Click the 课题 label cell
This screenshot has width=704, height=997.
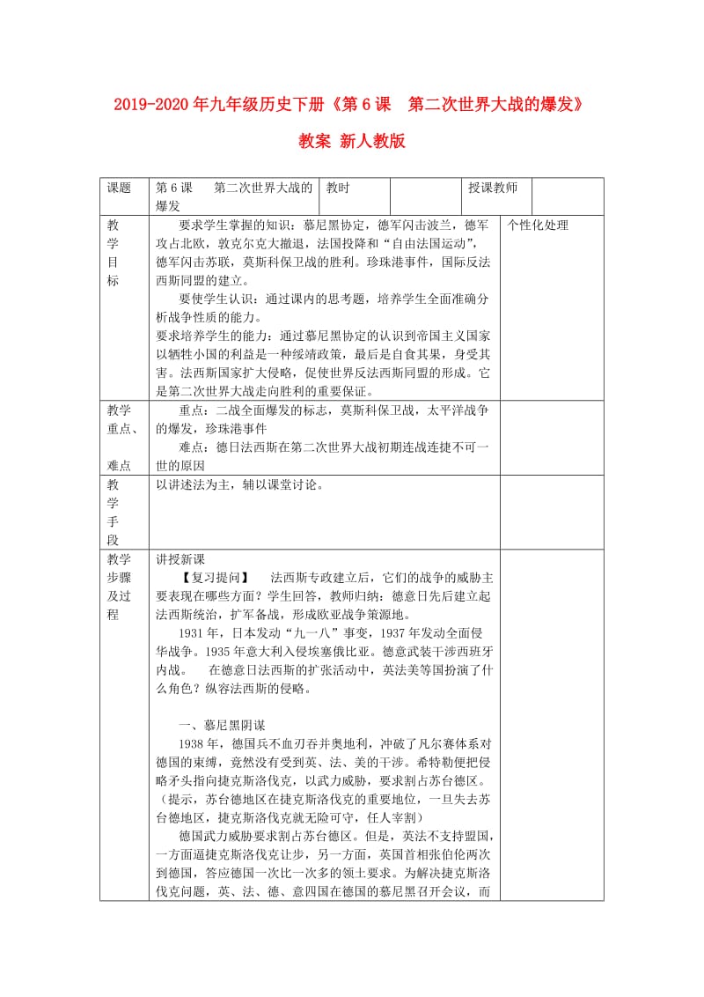click(119, 188)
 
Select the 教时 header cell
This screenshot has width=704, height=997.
click(338, 188)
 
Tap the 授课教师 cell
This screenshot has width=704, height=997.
click(493, 188)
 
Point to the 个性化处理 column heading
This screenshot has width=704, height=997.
click(538, 225)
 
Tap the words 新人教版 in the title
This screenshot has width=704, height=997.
click(376, 141)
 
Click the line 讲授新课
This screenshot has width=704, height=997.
click(180, 559)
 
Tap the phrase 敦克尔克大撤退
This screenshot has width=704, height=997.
click(251, 243)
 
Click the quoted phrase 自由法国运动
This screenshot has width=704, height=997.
click(428, 243)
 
